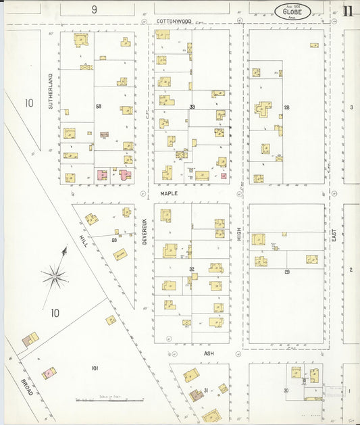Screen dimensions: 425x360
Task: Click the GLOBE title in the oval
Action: coord(293,11)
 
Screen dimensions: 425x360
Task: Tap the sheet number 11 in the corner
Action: coord(348,10)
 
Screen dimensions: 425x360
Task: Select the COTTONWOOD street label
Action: coord(175,22)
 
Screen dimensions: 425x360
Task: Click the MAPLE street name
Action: coord(168,193)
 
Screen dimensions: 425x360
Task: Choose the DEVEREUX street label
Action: coord(145,230)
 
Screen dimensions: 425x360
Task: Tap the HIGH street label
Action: coord(239,234)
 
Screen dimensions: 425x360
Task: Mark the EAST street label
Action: coord(334,235)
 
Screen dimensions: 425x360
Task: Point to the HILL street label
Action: coord(83,239)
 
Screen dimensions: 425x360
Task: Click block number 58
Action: coord(99,107)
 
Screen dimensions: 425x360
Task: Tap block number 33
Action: coord(192,107)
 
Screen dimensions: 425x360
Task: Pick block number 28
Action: coord(286,107)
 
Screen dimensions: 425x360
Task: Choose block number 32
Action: coord(192,270)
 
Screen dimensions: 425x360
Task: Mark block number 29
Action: coord(286,271)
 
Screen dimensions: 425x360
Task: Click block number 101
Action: coord(95,368)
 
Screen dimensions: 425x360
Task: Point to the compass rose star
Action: coord(55,275)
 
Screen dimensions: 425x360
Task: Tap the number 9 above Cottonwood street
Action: coord(95,9)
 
